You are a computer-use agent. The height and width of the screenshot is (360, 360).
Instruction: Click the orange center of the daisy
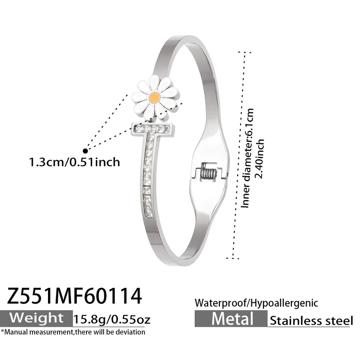pyautogui.click(x=154, y=97)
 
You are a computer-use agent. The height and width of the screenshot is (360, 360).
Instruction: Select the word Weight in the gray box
pyautogui.click(x=36, y=318)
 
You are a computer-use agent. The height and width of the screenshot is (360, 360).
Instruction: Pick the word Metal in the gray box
pyautogui.click(x=232, y=319)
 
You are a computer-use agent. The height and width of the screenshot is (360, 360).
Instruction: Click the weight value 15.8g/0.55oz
pyautogui.click(x=112, y=319)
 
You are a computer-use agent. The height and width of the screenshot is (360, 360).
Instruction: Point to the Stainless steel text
pyautogui.click(x=311, y=320)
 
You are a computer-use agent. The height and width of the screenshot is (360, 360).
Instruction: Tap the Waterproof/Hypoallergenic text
pyautogui.click(x=256, y=303)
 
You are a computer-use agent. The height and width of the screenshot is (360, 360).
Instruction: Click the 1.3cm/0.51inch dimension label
pyautogui.click(x=74, y=162)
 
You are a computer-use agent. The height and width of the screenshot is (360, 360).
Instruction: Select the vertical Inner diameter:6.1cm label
pyautogui.click(x=248, y=158)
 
